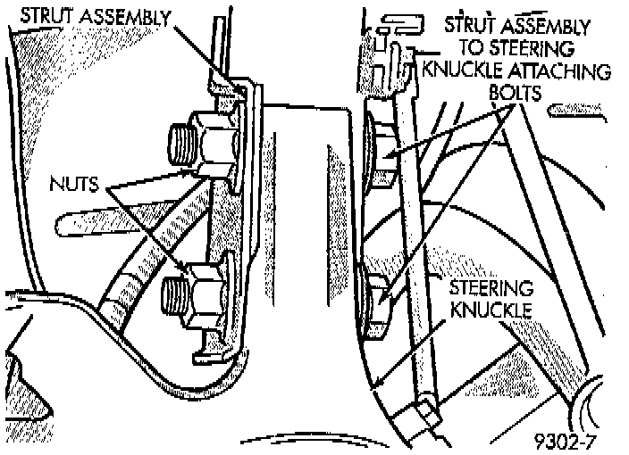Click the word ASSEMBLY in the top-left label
click(127, 16)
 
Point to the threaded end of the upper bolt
click(181, 140)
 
